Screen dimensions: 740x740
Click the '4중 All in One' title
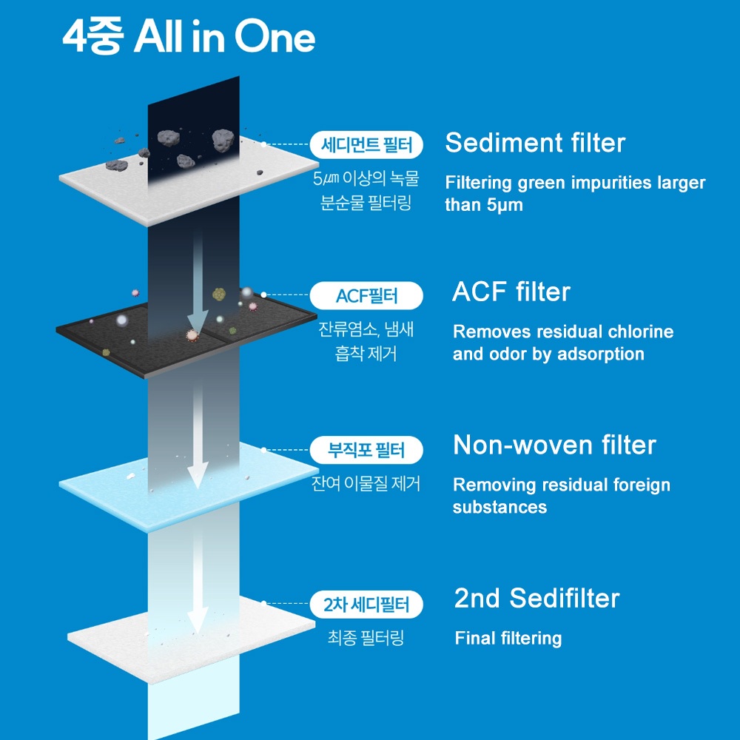point(189,37)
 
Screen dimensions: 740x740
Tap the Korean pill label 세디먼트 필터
point(366,144)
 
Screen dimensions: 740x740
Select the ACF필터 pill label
point(366,296)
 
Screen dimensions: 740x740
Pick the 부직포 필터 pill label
point(366,450)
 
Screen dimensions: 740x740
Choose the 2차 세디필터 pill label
point(366,605)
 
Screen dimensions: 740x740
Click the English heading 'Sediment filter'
point(535,143)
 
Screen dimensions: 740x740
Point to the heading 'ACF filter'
point(511,292)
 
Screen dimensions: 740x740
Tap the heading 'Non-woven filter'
point(554,445)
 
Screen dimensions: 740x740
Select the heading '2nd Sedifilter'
point(536,598)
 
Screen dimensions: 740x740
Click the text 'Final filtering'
point(508,638)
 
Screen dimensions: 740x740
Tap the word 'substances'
point(499,507)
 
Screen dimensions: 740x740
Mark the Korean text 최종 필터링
point(366,638)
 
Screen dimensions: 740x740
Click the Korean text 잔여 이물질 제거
point(366,483)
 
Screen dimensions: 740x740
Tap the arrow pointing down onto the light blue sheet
point(198,437)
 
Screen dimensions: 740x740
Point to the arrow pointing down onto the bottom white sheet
point(198,580)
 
